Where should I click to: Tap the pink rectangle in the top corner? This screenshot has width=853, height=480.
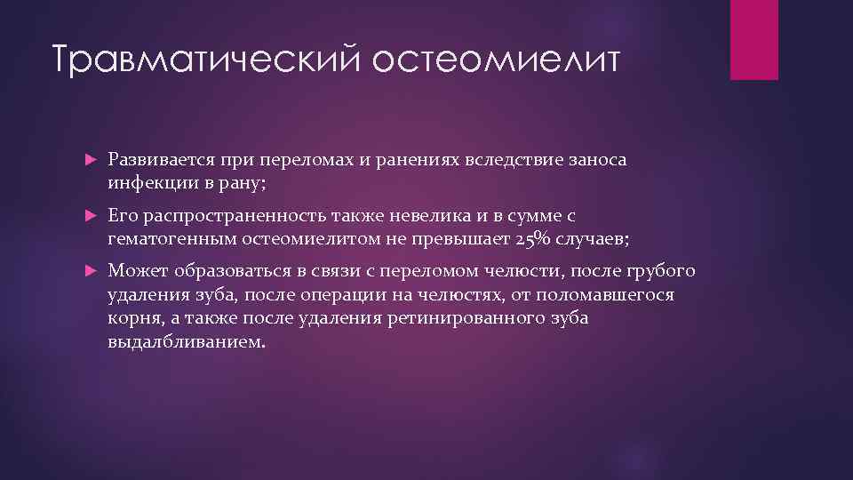pyautogui.click(x=753, y=40)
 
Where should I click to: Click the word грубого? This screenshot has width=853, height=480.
pyautogui.click(x=662, y=271)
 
